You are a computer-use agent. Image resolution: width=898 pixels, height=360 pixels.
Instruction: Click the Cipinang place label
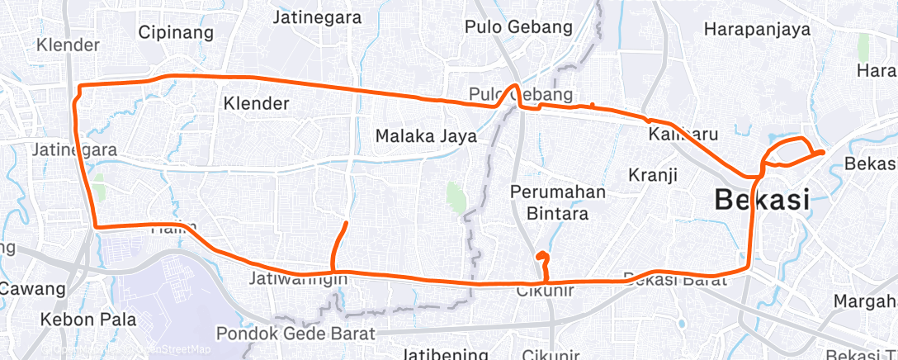pos(176,33)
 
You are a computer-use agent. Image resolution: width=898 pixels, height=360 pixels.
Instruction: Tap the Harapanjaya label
pos(757,30)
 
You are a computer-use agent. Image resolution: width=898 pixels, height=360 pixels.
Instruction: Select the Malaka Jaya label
pos(426,135)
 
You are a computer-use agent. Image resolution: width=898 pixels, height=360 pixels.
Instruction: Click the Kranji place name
pos(652,175)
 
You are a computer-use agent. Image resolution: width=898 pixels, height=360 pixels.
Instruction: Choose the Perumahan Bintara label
pos(558,202)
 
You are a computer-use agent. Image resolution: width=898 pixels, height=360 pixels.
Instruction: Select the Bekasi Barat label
pos(674,280)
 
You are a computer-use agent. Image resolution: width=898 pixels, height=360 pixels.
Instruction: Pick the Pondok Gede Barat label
pos(295,334)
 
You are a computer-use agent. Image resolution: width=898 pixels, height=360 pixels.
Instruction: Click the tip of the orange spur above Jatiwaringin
pos(346,223)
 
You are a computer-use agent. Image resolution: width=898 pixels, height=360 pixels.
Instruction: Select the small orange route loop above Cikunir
pos(541,257)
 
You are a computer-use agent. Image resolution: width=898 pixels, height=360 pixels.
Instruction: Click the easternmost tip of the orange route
pos(823,152)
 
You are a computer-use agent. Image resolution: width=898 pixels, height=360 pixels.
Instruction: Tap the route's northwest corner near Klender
pos(78,86)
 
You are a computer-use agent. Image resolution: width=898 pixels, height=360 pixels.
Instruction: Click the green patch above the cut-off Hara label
pos(863,47)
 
